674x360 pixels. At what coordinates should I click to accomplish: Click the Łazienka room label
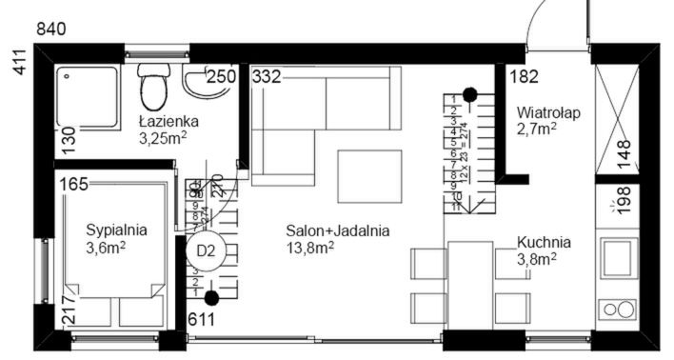[167, 121]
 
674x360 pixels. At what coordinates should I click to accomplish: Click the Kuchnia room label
[544, 242]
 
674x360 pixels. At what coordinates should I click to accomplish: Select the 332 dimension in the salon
[268, 77]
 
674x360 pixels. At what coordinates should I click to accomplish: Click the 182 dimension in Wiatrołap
[524, 77]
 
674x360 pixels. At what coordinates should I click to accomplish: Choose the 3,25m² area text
[161, 138]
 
